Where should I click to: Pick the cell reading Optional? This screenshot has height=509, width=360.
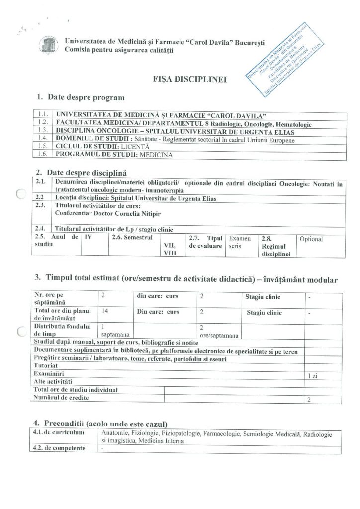pos(311,239)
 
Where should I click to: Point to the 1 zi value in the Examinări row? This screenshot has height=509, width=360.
pos(312,376)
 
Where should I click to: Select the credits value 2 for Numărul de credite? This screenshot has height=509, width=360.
pos(309,399)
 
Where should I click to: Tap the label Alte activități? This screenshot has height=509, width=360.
pos(53,381)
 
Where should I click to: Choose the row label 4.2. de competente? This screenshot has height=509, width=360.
pos(59,448)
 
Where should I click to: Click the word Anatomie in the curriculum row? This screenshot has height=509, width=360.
pos(115,433)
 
